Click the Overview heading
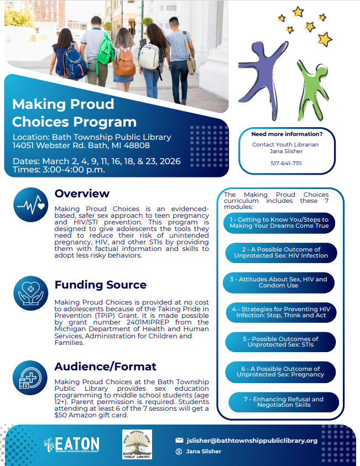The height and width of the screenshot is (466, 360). point(82,193)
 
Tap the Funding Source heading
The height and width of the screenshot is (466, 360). point(100,285)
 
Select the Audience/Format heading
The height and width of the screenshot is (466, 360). point(105,366)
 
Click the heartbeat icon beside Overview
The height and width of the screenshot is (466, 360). point(30,205)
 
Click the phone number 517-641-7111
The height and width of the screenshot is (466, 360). point(286,163)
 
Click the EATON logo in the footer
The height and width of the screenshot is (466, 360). point(72,444)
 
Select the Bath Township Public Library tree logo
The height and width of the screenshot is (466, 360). point(137,444)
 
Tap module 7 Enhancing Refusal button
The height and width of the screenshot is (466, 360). point(283,402)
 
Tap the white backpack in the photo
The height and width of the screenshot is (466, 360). point(149,55)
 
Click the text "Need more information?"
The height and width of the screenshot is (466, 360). point(286,134)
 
